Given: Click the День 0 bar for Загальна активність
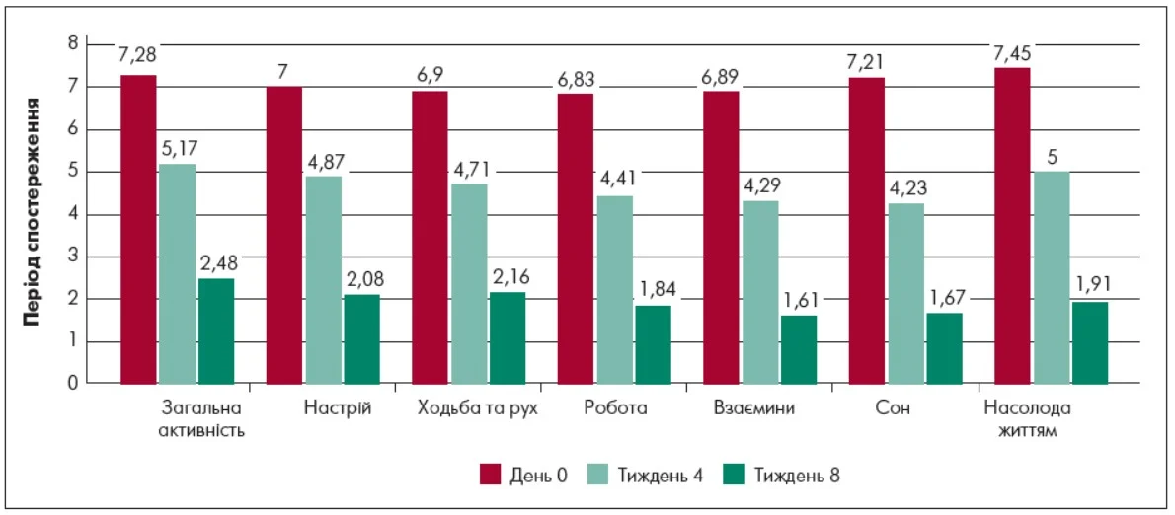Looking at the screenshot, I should pyautogui.click(x=138, y=229).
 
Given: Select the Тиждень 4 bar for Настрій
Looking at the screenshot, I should pyautogui.click(x=323, y=280).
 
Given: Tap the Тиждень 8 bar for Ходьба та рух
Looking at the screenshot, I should pyautogui.click(x=507, y=337).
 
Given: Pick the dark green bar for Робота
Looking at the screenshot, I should pyautogui.click(x=653, y=344).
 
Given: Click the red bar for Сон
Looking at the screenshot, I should pyautogui.click(x=867, y=231).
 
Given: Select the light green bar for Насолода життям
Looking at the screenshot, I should pyautogui.click(x=1052, y=277).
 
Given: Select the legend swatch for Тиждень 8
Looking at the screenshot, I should pyautogui.click(x=736, y=475).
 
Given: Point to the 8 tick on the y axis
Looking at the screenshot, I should pyautogui.click(x=72, y=43).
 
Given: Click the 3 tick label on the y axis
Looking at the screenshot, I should pyautogui.click(x=72, y=257).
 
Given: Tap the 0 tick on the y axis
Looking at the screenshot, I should pyautogui.click(x=72, y=384).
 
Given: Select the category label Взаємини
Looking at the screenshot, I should pyautogui.click(x=753, y=408).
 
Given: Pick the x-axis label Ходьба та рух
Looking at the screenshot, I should pyautogui.click(x=477, y=408).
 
